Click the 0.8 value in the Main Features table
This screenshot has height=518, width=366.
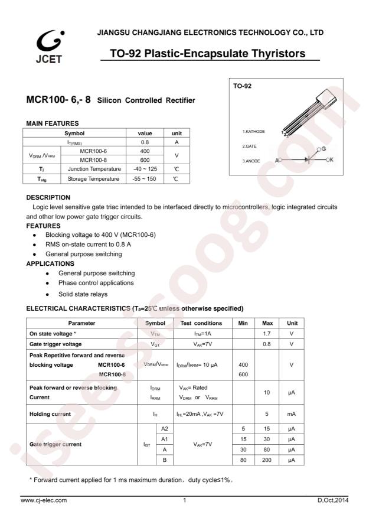tap(145, 142)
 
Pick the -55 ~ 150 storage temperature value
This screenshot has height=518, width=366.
tap(145, 178)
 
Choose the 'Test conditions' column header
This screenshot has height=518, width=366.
tap(201, 323)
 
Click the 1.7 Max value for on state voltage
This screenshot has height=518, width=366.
tap(266, 334)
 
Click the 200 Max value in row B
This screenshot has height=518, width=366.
tap(266, 460)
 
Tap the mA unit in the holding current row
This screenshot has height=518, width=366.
tap(292, 413)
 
